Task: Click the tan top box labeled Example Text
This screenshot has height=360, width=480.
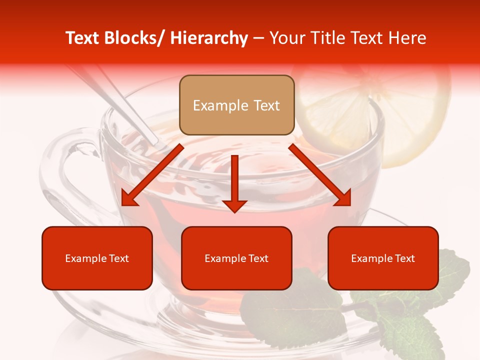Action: tap(236, 105)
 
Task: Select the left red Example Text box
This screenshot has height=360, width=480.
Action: tap(97, 258)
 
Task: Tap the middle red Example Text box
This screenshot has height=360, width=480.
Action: tap(236, 258)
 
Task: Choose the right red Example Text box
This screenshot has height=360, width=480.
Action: tap(383, 258)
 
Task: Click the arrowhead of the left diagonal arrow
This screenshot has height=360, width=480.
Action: tap(129, 198)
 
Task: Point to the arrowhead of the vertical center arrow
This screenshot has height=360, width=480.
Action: tap(234, 205)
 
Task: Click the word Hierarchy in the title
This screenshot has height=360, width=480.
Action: tap(209, 38)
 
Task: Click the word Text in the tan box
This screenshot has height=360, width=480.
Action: tap(265, 105)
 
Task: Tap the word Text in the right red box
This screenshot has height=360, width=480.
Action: tap(404, 258)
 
